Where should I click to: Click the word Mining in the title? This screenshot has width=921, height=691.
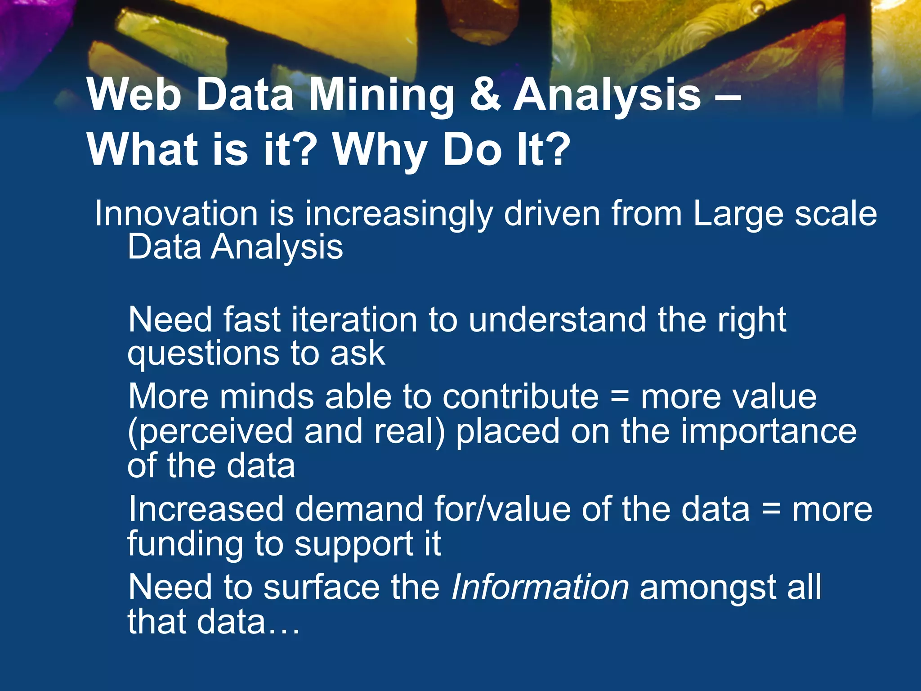382,95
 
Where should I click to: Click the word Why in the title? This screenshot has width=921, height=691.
380,151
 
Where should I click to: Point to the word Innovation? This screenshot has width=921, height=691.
176,214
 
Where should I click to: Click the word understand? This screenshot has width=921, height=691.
557,320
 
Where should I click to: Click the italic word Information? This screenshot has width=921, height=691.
540,588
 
